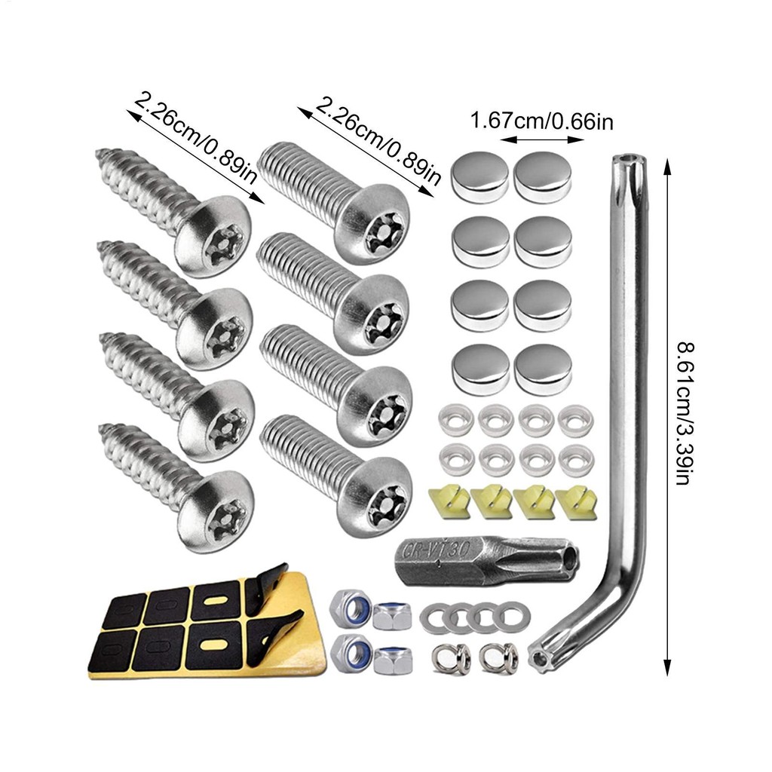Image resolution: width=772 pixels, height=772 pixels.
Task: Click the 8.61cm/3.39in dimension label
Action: click(685, 414)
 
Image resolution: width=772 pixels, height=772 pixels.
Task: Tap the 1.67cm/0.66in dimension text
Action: click(542, 121)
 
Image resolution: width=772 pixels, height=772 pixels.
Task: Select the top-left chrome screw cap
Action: click(479, 177)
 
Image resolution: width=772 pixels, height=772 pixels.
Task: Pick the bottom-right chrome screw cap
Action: click(543, 369)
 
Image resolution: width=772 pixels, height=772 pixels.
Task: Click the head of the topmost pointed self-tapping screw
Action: click(214, 235)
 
